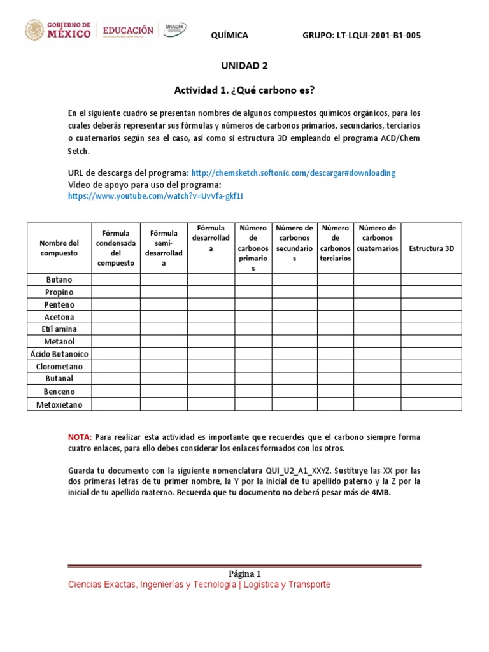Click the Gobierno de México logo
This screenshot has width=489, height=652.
pyautogui.click(x=57, y=30)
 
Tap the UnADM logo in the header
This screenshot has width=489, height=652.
pyautogui.click(x=176, y=30)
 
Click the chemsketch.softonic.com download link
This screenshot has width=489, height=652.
pyautogui.click(x=293, y=173)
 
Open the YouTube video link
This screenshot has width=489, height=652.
pyautogui.click(x=155, y=196)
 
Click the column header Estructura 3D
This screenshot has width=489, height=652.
pyautogui.click(x=431, y=248)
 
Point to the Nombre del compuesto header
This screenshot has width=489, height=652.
pyautogui.click(x=59, y=248)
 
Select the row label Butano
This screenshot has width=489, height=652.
pyautogui.click(x=59, y=280)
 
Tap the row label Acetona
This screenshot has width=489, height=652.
pyautogui.click(x=59, y=317)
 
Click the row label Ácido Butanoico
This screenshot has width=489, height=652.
pyautogui.click(x=59, y=354)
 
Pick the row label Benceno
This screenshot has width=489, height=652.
pyautogui.click(x=59, y=392)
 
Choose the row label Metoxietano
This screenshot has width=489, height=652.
pyautogui.click(x=59, y=404)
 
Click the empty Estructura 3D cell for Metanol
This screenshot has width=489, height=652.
pyautogui.click(x=431, y=342)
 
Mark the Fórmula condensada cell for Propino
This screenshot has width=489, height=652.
pyautogui.click(x=116, y=292)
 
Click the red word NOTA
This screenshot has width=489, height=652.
pyautogui.click(x=80, y=437)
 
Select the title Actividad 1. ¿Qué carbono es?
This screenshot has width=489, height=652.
pyautogui.click(x=244, y=90)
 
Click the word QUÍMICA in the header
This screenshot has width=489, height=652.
pyautogui.click(x=229, y=35)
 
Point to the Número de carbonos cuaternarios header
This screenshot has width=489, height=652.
pyautogui.click(x=377, y=238)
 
